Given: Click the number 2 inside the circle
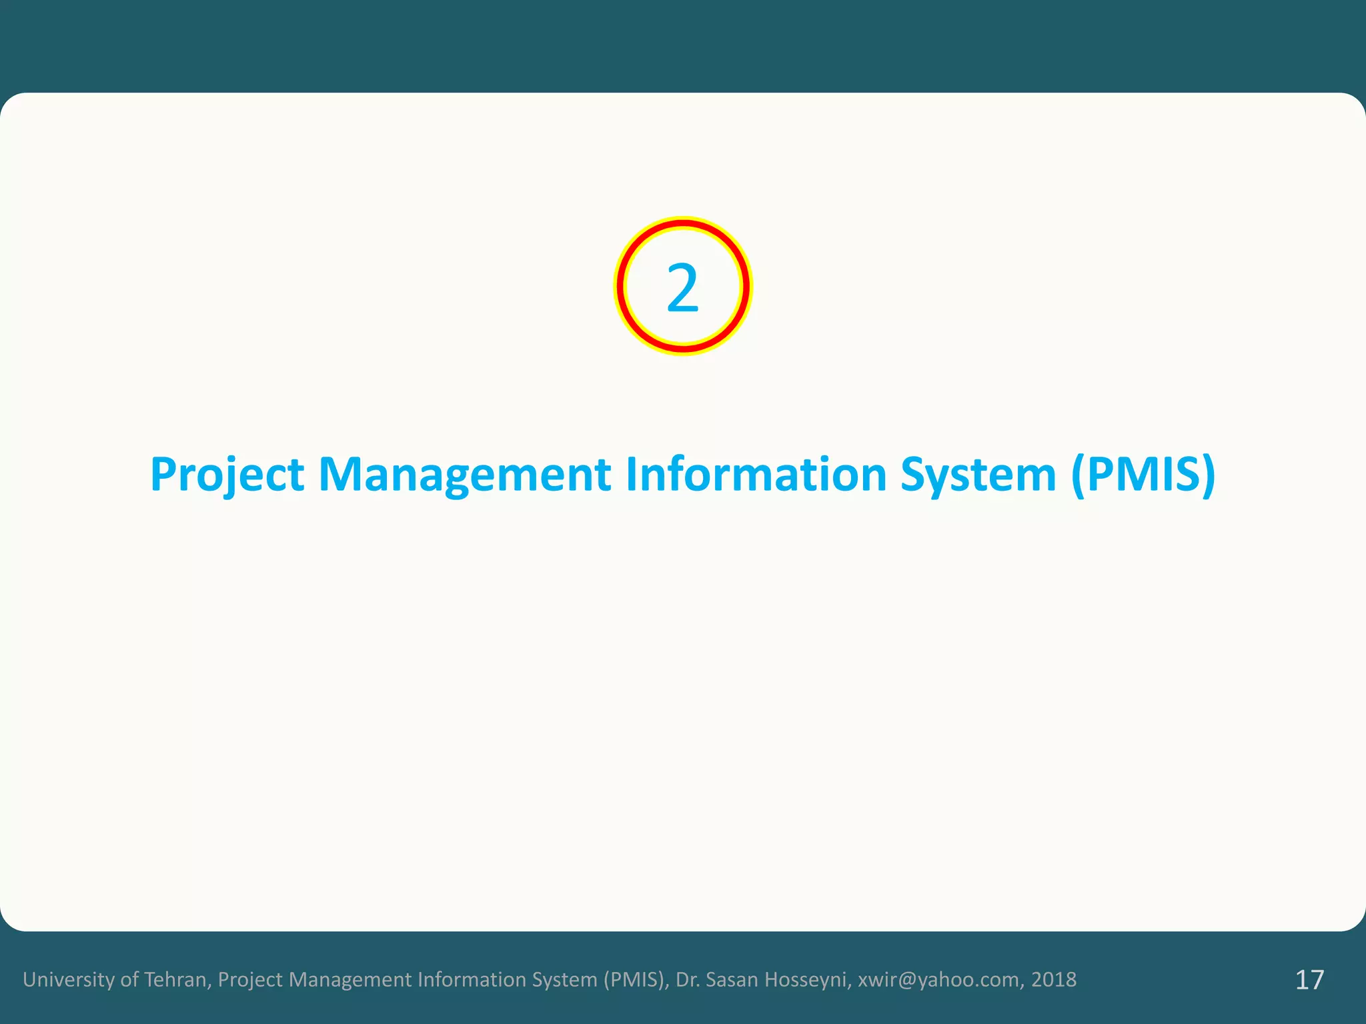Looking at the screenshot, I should pos(682,288).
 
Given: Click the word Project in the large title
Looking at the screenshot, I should pos(227,475).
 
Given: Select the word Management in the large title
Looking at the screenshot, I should pos(464,475).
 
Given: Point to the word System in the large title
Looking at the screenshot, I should pos(978,475).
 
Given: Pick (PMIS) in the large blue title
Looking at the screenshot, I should pos(1143,475).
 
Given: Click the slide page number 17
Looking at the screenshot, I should pos(1309,980).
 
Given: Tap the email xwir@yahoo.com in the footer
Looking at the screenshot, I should pos(938,979).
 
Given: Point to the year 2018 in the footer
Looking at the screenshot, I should pos(1054,979).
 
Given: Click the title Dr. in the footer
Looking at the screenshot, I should pos(686,979).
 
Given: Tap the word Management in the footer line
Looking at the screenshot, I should pos(350,979).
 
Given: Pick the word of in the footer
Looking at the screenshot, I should pos(129,979).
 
